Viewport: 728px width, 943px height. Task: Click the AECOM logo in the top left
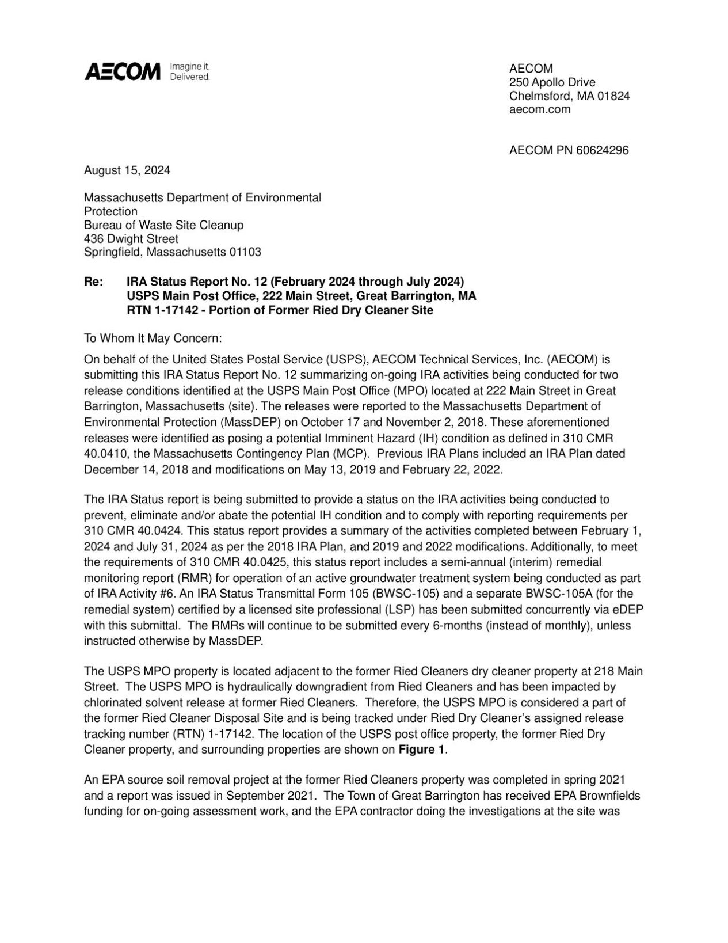click(123, 72)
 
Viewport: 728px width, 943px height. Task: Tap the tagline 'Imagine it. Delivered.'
click(190, 72)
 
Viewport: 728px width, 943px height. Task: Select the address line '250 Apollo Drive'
click(552, 82)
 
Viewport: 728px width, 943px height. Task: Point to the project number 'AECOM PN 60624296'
click(569, 151)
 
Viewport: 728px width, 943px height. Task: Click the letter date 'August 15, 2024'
click(127, 170)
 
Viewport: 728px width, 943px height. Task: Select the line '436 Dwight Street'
click(131, 238)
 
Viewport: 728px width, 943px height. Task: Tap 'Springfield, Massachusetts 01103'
click(173, 252)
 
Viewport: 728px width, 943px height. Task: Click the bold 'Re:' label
click(93, 282)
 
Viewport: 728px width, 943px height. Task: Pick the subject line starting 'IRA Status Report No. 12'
click(295, 282)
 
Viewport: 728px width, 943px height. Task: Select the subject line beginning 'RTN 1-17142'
click(280, 311)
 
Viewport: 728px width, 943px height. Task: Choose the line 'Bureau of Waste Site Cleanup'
click(163, 225)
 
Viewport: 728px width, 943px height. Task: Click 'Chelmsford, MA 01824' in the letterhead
click(569, 96)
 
